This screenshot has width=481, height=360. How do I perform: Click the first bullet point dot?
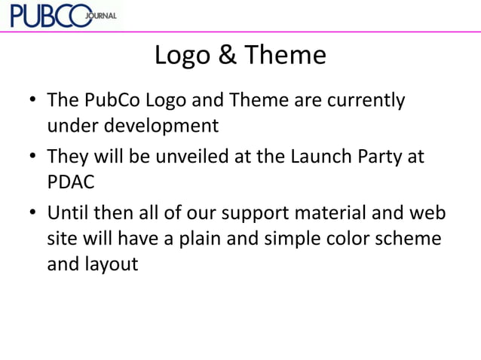click(x=33, y=101)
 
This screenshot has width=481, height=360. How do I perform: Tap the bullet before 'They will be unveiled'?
click(x=33, y=158)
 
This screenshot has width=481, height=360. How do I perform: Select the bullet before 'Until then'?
click(x=33, y=215)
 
